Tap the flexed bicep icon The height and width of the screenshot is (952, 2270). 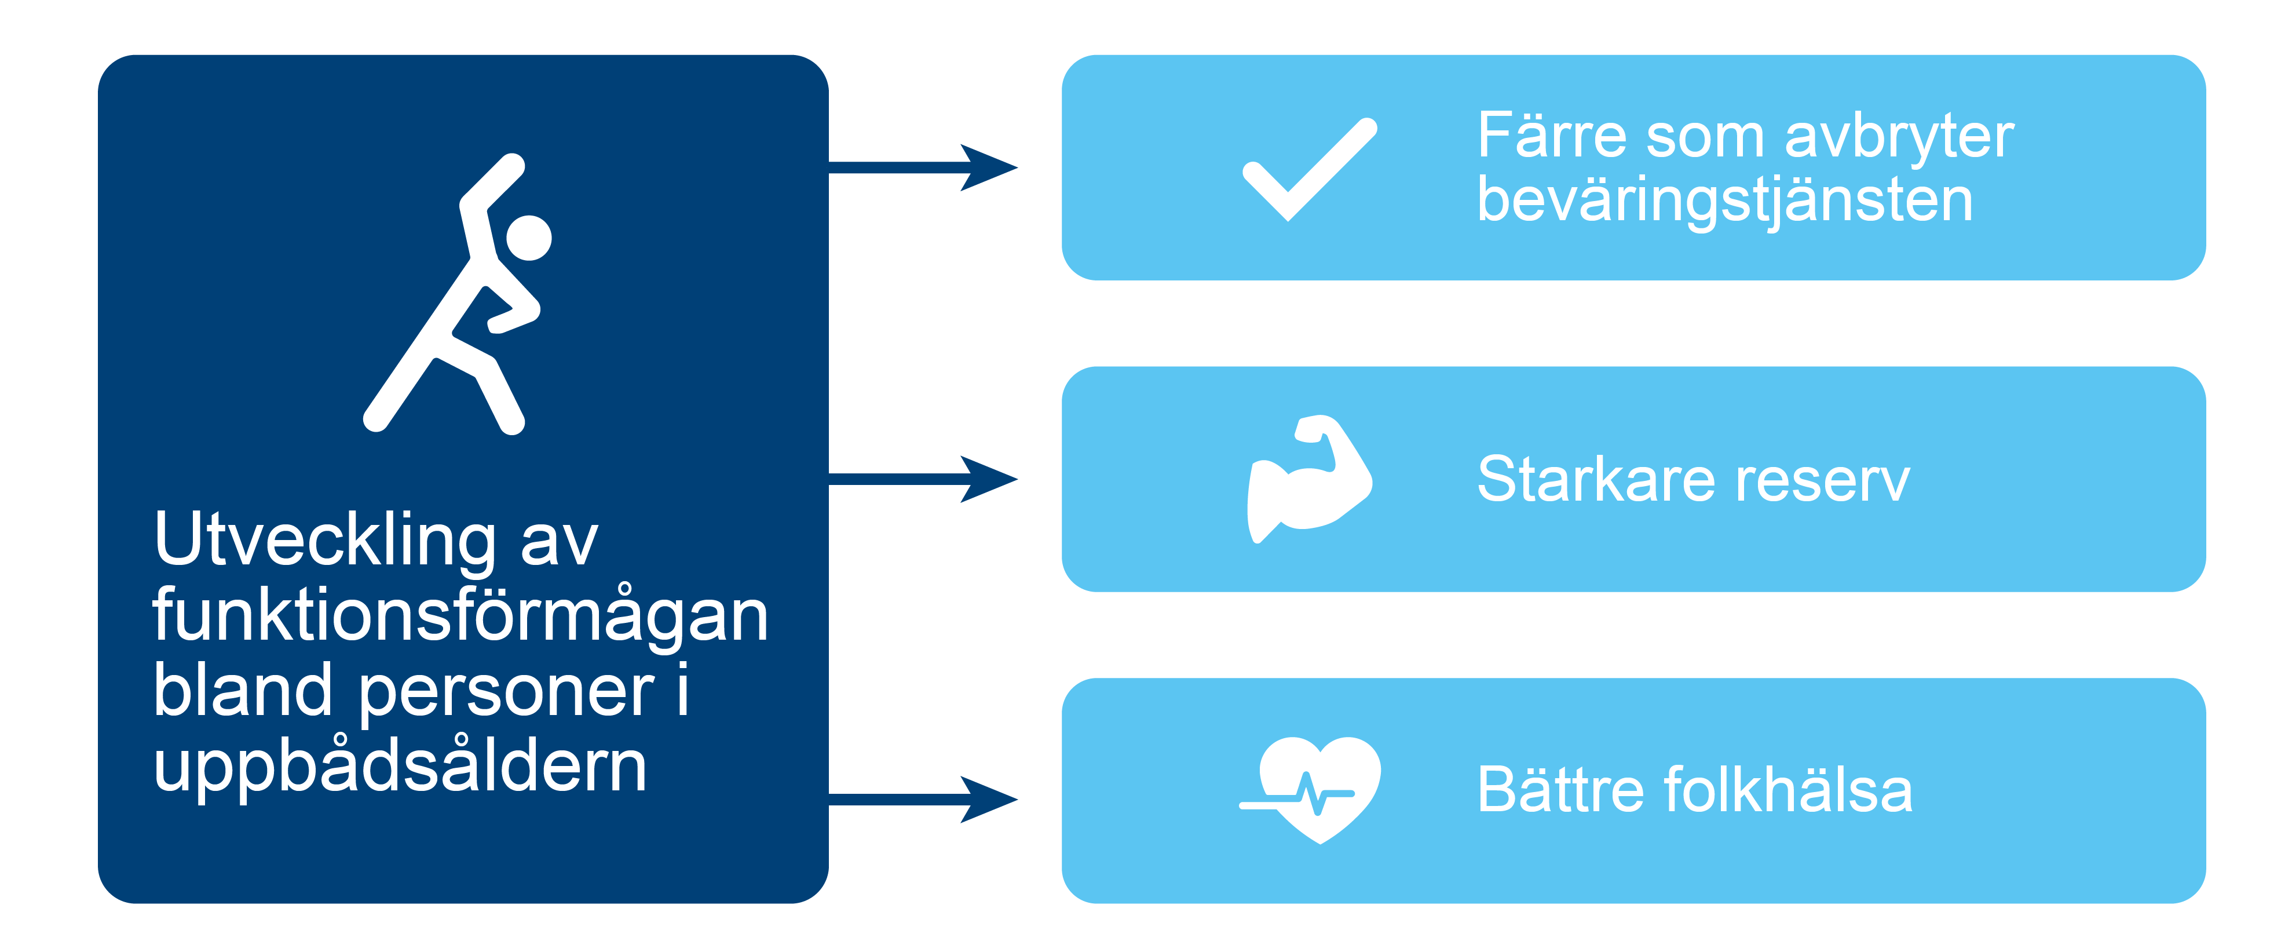(x=1308, y=479)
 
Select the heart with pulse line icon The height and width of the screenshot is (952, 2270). (x=1313, y=790)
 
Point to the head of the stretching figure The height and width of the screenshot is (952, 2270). (x=529, y=238)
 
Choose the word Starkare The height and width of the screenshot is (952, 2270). (x=1596, y=480)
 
